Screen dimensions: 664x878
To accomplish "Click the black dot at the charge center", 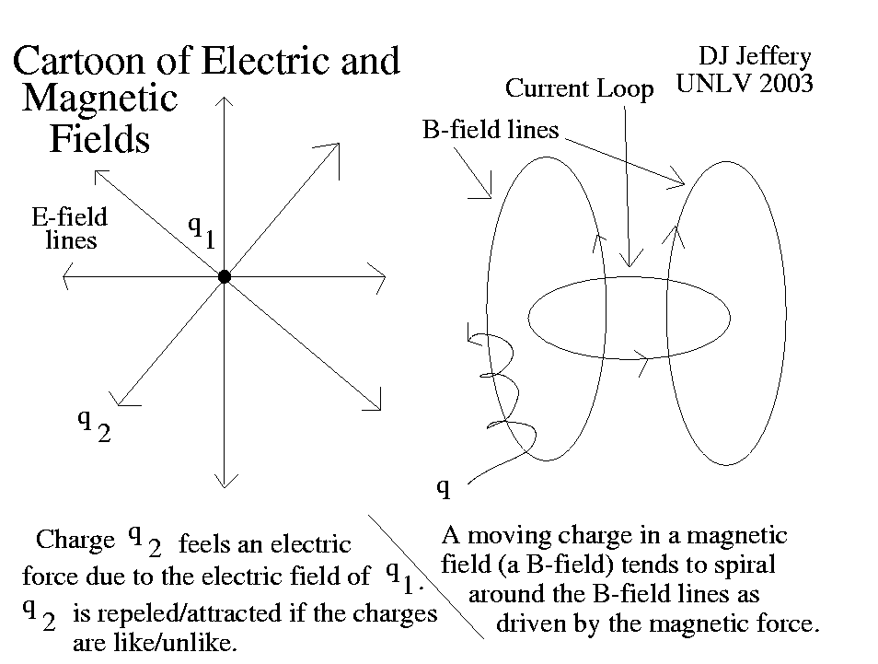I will point(224,276).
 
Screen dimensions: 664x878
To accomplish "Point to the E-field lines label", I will point(70,228).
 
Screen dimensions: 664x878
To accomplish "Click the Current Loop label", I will point(580,89).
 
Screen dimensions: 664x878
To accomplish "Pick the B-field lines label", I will point(491,129).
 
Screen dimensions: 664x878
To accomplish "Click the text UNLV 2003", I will point(745,84).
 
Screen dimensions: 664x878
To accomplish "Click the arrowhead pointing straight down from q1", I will point(224,480).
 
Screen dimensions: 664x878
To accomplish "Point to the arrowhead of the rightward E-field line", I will point(378,275).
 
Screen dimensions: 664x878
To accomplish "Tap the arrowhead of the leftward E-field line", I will point(67,275).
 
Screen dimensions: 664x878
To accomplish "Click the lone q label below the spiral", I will point(443,488).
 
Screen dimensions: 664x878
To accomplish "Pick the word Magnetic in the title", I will point(100,99).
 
